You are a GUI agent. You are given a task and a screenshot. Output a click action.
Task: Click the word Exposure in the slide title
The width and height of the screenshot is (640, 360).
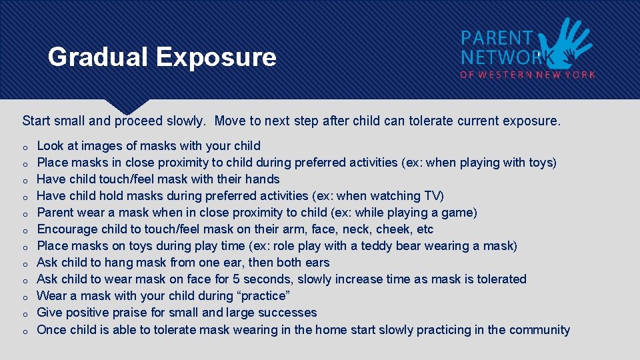216,57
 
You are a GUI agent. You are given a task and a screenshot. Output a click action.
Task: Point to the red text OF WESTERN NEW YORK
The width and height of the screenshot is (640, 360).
527,75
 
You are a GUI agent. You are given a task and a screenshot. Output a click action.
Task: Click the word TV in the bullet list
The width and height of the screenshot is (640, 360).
432,195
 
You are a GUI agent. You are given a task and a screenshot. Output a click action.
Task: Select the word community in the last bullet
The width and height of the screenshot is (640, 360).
539,329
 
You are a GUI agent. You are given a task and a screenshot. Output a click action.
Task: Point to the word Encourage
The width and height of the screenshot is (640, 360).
69,229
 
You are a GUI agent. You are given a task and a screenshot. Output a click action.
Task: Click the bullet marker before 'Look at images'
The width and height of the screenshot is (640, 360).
24,147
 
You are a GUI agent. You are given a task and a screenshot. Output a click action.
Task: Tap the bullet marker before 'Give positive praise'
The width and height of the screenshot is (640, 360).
24,313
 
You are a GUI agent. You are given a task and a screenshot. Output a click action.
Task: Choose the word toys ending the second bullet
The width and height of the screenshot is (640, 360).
539,162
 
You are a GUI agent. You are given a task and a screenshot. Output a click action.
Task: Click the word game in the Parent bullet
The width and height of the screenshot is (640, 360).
458,212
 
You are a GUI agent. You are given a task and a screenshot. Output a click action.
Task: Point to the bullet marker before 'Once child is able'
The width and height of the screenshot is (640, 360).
24,331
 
